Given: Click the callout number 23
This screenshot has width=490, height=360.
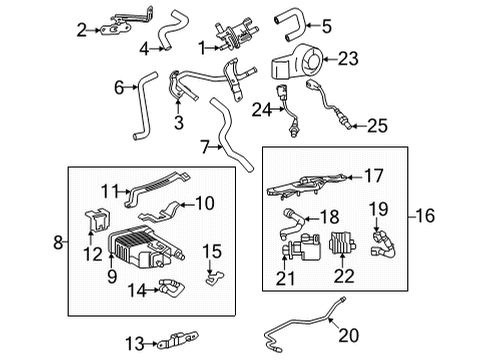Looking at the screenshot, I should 348,59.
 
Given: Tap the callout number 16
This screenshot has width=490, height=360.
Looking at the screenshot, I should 426,214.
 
